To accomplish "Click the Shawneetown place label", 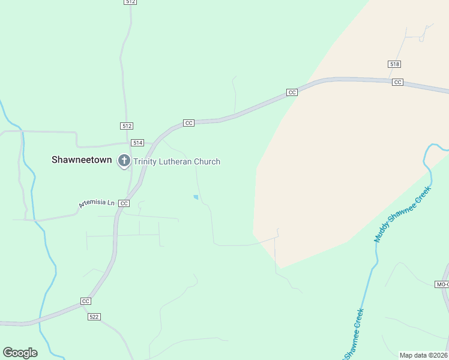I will [x=83, y=160].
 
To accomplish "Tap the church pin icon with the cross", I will [x=124, y=161].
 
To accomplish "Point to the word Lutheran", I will [x=177, y=161].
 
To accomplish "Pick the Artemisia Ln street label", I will [x=96, y=204].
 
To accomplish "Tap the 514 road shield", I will [x=138, y=142].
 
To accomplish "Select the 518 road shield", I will [x=394, y=64].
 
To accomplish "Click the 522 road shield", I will [x=93, y=316].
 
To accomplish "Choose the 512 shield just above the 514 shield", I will [x=126, y=126].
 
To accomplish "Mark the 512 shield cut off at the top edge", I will [x=131, y=2].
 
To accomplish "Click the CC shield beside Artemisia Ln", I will [x=124, y=203].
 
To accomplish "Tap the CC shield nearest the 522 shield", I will [x=85, y=301].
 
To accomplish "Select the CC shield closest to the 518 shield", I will [x=397, y=82].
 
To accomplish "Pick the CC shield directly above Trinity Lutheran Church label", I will [x=188, y=123].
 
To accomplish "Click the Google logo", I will [x=20, y=353].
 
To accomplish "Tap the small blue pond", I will [x=196, y=197].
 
